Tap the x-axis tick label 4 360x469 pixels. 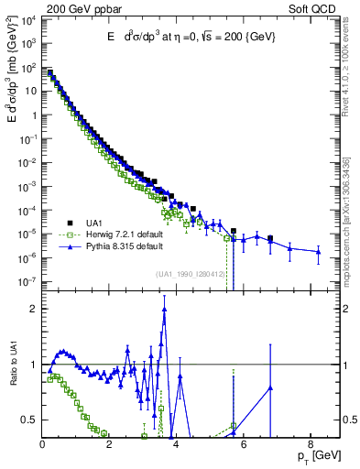click(x=176, y=445)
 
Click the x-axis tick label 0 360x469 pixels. click(x=42, y=445)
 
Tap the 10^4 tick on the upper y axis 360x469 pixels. click(x=28, y=20)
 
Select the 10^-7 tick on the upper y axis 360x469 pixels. click(x=28, y=280)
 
